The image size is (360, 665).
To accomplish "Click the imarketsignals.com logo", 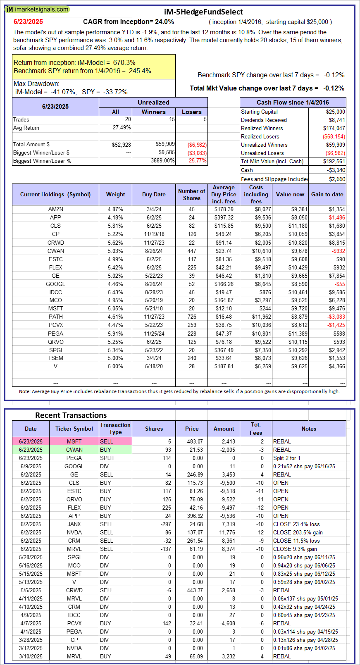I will [x=37, y=9].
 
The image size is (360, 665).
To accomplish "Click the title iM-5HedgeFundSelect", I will [x=203, y=12].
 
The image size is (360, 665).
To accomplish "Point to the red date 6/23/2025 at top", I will [x=28, y=22].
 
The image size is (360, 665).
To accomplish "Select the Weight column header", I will [x=115, y=194].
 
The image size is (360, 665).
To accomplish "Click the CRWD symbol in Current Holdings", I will [x=55, y=243].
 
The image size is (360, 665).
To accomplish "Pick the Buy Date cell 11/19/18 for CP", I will [x=154, y=234].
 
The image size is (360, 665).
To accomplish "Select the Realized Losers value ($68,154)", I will [x=334, y=136].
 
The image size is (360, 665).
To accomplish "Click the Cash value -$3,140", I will [x=336, y=170].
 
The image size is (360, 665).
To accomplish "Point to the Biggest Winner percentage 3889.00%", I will [x=162, y=161].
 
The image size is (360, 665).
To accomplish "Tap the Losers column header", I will [x=192, y=112].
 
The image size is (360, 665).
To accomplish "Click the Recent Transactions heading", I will [x=71, y=415].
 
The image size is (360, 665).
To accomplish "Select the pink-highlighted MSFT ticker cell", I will [x=74, y=441].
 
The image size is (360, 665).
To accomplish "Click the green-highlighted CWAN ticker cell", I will [x=74, y=450].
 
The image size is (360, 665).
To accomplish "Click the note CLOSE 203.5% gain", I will [x=298, y=532].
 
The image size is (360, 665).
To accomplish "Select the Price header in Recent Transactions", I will [x=192, y=429].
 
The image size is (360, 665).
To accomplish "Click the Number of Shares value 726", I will [x=192, y=317].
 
